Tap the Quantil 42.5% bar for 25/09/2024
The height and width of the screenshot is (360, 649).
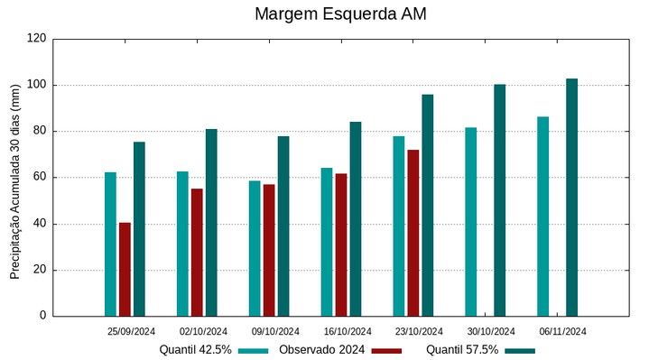[x=110, y=244]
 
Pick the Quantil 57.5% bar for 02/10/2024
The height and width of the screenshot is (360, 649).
[x=211, y=222]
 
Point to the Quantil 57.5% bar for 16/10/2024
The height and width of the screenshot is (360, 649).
[x=356, y=218]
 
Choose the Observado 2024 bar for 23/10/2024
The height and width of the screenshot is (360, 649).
[x=413, y=233]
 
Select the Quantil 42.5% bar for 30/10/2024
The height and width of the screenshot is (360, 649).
[x=471, y=221]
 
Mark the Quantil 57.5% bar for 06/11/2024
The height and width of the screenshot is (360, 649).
[x=572, y=197]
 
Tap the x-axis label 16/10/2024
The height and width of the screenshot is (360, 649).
[x=348, y=331]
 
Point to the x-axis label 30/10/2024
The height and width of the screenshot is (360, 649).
[x=492, y=331]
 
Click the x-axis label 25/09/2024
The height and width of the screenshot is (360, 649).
[x=131, y=331]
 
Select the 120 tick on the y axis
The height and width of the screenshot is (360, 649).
[x=37, y=39]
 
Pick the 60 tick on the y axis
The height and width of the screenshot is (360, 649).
[x=40, y=178]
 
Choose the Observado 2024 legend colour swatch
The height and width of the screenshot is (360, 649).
[x=385, y=350]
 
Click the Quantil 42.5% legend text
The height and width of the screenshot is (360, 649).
[x=196, y=349]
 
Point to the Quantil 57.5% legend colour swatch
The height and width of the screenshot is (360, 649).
[x=519, y=350]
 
